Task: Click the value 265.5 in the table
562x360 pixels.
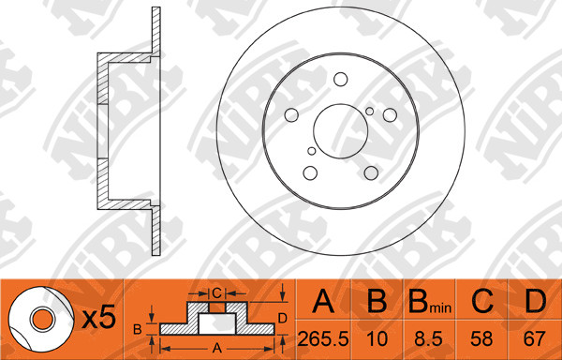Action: [x=323, y=338]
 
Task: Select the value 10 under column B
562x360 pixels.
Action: [x=377, y=338]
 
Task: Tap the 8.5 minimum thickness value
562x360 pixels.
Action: [x=429, y=338]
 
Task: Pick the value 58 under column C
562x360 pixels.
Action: [x=482, y=338]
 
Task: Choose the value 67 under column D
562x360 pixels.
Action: [x=535, y=338]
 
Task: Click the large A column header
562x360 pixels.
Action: [x=323, y=301]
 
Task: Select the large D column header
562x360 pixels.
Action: [x=535, y=301]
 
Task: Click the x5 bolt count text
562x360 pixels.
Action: [x=99, y=318]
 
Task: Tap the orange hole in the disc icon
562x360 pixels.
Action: [x=42, y=319]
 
